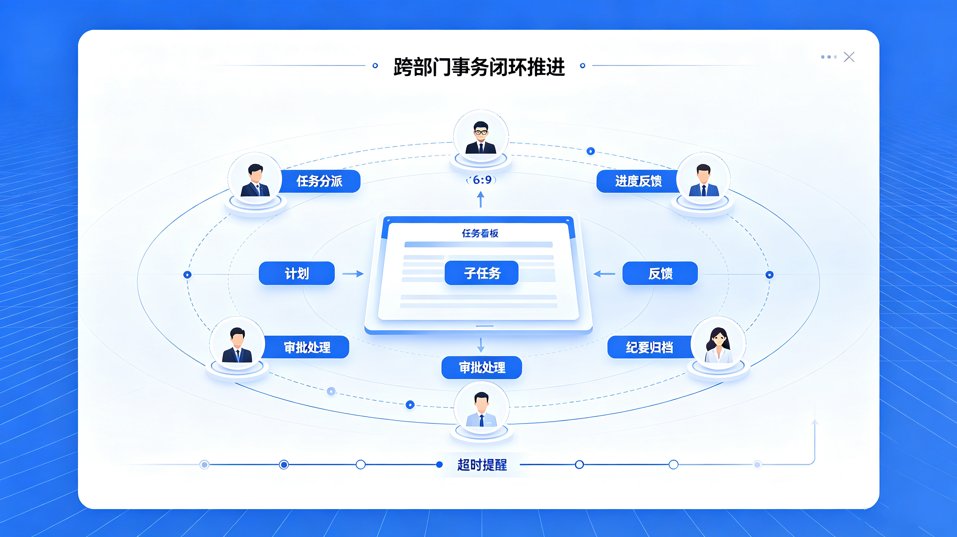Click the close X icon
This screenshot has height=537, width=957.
(x=849, y=57)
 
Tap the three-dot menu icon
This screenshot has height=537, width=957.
(x=829, y=57)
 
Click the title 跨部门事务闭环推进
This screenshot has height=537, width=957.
(x=479, y=67)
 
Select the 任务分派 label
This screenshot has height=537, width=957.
(x=320, y=181)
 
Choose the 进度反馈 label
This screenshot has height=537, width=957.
(x=638, y=181)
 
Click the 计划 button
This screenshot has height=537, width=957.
(x=296, y=274)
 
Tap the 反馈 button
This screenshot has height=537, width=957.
(x=660, y=274)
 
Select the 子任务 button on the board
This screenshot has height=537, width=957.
(x=482, y=273)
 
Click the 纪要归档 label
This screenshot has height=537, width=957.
(x=650, y=347)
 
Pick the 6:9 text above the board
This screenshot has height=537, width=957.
(x=482, y=180)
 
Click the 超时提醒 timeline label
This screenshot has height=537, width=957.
(x=482, y=465)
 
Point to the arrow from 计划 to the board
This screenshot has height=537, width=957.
(x=353, y=274)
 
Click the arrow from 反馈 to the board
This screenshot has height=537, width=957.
(x=604, y=274)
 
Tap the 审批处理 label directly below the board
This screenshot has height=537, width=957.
(x=482, y=368)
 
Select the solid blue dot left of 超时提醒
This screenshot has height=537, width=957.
(x=439, y=465)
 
